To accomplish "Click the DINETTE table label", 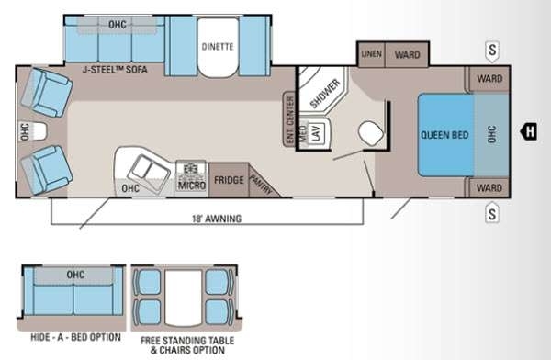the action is [218, 47].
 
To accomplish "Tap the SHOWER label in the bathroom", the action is [325, 94].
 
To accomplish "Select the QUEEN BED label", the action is [444, 135].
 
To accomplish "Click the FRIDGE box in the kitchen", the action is [229, 180].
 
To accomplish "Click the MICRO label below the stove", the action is [192, 185].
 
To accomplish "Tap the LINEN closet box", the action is [371, 54].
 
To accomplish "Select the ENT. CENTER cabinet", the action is [289, 118].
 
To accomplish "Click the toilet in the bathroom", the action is [371, 133].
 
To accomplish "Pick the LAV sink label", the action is [316, 133].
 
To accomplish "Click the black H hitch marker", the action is [529, 131].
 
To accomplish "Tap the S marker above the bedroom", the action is [492, 51].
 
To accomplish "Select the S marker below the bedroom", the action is [492, 213].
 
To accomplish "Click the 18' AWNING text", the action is [217, 219].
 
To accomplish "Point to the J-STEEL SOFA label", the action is [115, 70].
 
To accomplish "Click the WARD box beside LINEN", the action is [407, 54].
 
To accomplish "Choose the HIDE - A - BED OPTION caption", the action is [75, 337].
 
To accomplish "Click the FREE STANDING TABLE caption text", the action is [187, 341].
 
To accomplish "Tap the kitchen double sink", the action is [149, 170].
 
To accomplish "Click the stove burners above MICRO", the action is [191, 170].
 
